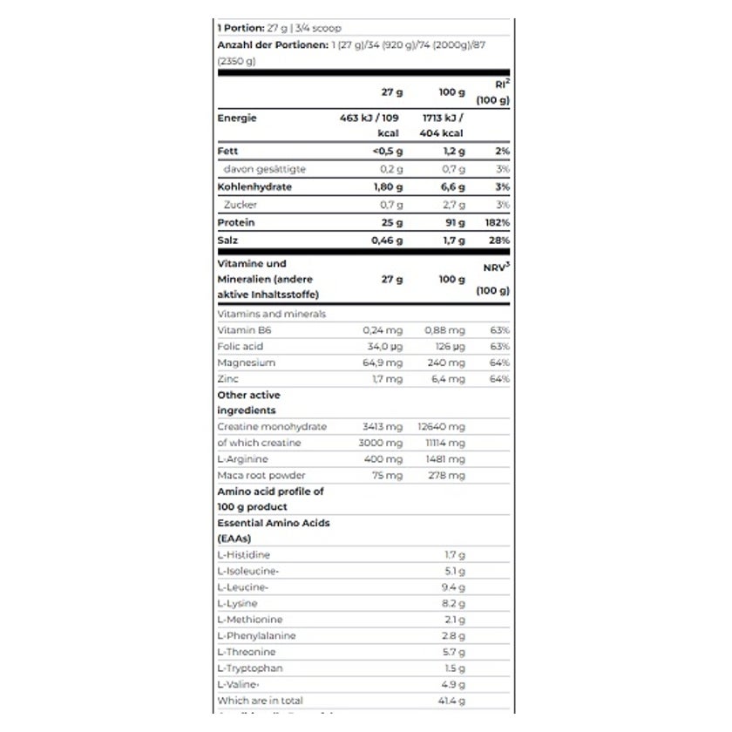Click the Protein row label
coord(236,222)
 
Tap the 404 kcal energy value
coord(444,133)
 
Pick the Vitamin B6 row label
coord(241,330)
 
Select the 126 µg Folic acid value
coord(445,347)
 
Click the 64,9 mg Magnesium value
coord(383,363)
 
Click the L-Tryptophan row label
coord(248,668)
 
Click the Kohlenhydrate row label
coord(254,186)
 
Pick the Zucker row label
coord(241,205)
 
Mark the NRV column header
coord(495,268)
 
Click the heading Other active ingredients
coord(248,403)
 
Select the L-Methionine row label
coord(249,620)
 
